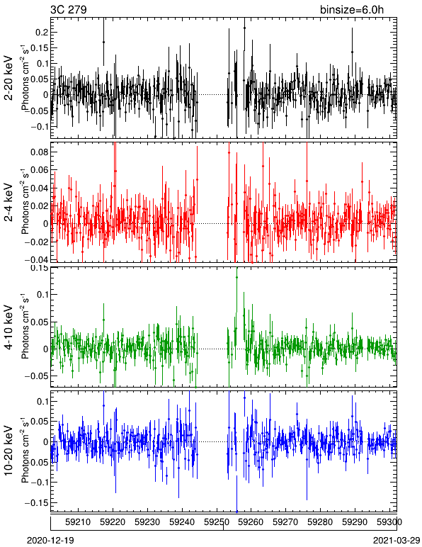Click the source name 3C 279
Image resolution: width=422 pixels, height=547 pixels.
coord(69,9)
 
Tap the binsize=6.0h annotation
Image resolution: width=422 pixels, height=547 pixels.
coord(352,9)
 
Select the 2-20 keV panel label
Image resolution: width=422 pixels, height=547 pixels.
coord(8,77)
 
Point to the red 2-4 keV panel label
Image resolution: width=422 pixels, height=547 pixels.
coord(8,203)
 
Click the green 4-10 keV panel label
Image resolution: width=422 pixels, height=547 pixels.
coord(8,327)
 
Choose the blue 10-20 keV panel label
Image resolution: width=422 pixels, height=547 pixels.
coord(8,451)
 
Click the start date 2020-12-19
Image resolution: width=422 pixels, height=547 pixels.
coord(50,541)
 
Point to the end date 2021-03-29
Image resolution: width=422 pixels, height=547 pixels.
coord(397,541)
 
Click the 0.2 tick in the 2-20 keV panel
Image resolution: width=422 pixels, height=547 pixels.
coord(41,32)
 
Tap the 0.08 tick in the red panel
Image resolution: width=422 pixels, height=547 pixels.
coord(39,152)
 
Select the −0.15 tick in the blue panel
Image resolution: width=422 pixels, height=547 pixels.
coord(36,502)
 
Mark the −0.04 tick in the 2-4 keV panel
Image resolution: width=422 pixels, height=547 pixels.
coord(36,259)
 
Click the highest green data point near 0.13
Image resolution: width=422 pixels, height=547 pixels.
coord(237,277)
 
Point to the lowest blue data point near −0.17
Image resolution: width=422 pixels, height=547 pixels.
coord(237,512)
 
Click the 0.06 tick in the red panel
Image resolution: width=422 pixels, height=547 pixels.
coord(39,170)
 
